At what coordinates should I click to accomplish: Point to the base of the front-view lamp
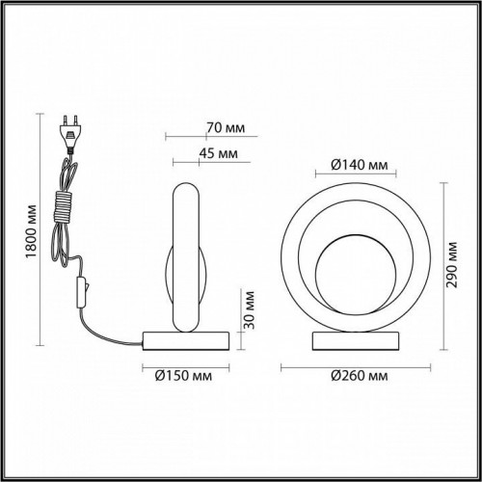[x=358, y=338]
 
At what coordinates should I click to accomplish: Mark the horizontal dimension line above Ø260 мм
[x=357, y=365]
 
